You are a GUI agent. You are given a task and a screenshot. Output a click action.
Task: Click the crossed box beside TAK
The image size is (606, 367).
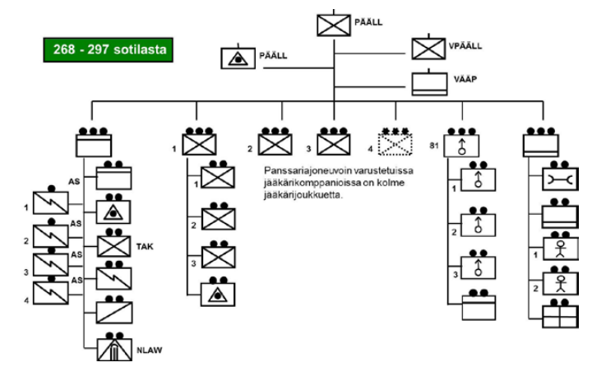coord(114,246)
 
